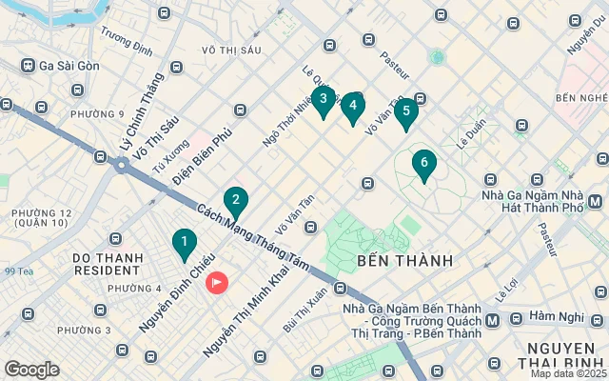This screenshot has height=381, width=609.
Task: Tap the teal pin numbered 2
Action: click(235, 201)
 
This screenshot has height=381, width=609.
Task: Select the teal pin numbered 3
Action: click(324, 100)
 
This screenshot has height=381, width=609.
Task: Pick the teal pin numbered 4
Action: click(353, 106)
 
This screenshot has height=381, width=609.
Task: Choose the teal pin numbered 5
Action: click(406, 111)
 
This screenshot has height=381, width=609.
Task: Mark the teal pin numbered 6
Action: click(423, 164)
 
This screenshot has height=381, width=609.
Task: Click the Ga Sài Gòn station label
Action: click(69, 66)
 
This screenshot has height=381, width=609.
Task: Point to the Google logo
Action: click(31, 370)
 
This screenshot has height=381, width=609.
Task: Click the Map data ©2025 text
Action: click(568, 373)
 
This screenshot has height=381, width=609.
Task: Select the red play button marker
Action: click(217, 283)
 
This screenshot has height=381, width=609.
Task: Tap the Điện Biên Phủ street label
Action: click(204, 157)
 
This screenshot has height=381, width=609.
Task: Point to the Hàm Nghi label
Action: click(556, 315)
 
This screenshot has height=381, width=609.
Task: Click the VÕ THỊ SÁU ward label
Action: click(225, 49)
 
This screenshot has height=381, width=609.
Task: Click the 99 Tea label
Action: click(18, 271)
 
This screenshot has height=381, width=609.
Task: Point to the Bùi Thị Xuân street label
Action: click(304, 309)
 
